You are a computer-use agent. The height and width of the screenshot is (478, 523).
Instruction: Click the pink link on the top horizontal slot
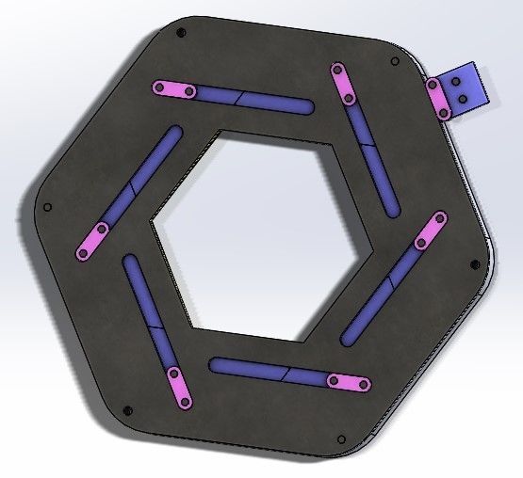coord(175,90)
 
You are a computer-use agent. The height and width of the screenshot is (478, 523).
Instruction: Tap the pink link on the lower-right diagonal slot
coord(428,231)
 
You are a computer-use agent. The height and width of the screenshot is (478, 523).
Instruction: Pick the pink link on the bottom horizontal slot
coord(347,382)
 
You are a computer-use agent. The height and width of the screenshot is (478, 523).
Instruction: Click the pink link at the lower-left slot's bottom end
coord(178,388)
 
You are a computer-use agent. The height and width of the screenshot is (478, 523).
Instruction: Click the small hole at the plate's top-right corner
coord(394,62)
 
